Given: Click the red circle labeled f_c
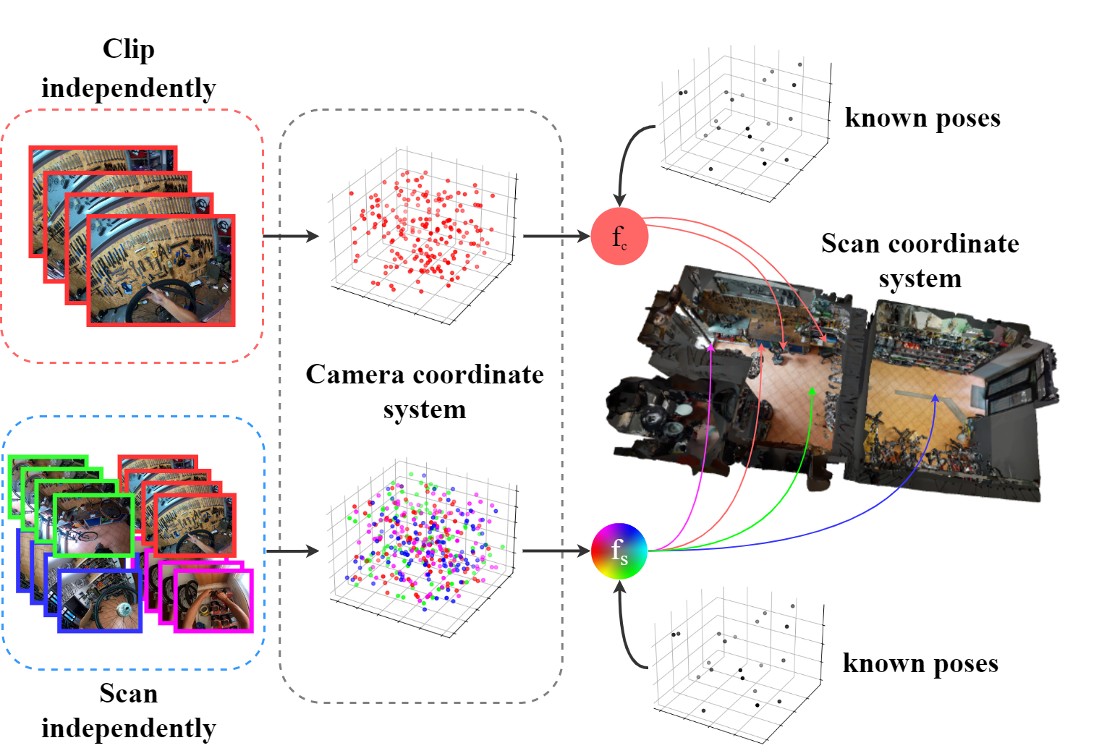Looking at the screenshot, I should (619, 236).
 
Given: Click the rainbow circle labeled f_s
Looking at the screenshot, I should (619, 551).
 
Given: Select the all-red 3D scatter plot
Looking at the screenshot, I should (421, 236).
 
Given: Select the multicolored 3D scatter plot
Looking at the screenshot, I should (420, 551).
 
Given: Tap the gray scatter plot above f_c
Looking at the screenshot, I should (747, 126).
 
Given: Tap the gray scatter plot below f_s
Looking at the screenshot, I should (740, 667).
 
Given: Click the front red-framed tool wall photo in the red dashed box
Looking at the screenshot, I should (161, 271).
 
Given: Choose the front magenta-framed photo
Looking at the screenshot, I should (213, 600).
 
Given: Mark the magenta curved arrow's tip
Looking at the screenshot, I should (711, 347).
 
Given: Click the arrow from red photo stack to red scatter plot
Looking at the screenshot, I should (291, 236).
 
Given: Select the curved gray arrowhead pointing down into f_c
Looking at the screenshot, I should (619, 199).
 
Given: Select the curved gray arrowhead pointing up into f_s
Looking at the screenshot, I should (619, 587).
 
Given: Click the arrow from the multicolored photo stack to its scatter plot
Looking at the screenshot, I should (292, 551).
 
